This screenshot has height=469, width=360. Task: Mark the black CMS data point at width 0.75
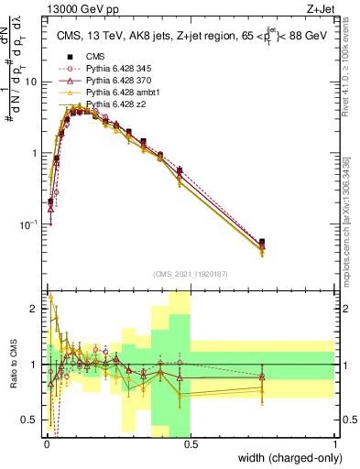[263, 242]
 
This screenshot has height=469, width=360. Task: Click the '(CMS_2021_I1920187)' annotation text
[191, 273]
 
